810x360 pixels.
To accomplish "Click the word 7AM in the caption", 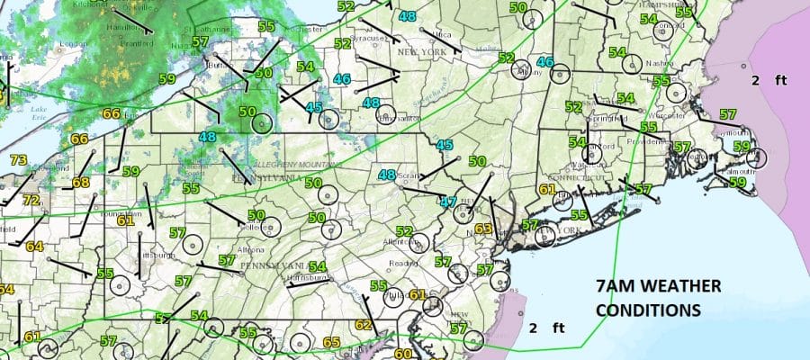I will [616, 287].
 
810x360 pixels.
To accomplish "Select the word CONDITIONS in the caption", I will [649, 309].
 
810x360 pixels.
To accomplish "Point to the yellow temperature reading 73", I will [18, 160].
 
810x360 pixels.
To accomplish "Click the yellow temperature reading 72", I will [31, 200].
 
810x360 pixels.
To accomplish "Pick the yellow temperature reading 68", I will [81, 183].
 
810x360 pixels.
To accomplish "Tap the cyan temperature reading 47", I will [448, 202].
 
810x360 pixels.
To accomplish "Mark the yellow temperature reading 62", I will [364, 325].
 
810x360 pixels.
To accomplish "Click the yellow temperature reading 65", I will [331, 342].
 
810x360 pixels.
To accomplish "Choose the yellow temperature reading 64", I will [34, 247].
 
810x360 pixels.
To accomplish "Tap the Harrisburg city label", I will [303, 280].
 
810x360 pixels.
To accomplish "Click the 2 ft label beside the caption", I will [545, 327].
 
